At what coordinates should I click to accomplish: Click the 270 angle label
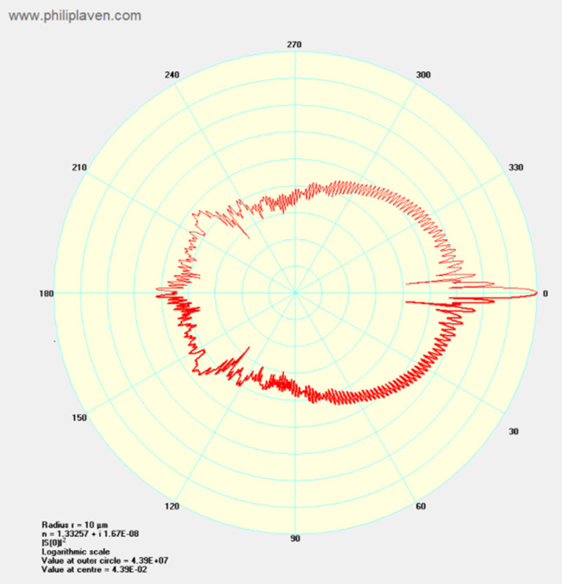[x=295, y=45]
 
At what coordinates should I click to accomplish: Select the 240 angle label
[x=171, y=76]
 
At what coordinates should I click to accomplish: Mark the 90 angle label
[x=295, y=539]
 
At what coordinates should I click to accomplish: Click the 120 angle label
[x=171, y=507]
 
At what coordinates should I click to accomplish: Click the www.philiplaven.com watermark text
[x=74, y=15]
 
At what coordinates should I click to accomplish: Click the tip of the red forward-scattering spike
[x=536, y=293]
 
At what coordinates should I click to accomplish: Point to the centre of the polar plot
[x=295, y=293]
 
